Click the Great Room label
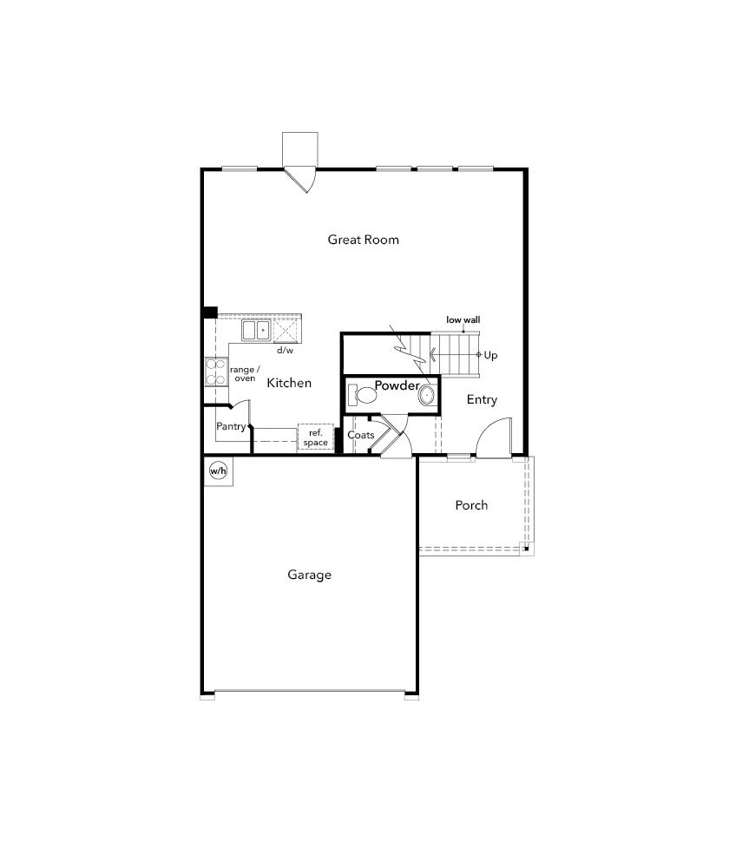point(363,240)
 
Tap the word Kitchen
point(289,383)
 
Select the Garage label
point(310,575)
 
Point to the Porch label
point(471,505)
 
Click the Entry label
point(482,399)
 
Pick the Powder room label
point(397,385)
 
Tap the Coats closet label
point(361,435)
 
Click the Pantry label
point(231,426)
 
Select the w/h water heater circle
point(218,471)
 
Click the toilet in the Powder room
point(362,395)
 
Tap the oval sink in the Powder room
point(427,395)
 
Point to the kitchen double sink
point(256,330)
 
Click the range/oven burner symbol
point(216,372)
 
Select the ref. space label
point(316,437)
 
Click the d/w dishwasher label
point(285,351)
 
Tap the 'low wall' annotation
point(463,320)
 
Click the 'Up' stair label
point(490,355)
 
